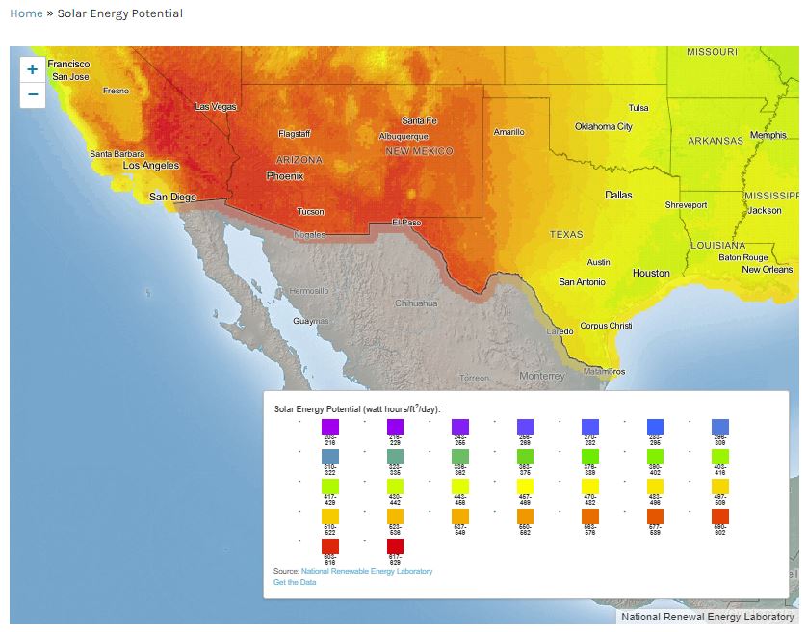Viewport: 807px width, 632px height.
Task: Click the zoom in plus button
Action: click(33, 69)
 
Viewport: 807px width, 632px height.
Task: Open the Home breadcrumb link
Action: click(26, 13)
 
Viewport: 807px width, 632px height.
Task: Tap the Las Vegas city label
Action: click(215, 107)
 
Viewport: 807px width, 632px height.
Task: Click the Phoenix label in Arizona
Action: click(285, 176)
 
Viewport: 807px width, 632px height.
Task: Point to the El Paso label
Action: click(406, 223)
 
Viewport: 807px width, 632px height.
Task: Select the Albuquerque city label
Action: click(403, 137)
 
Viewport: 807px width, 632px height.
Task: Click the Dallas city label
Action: click(618, 195)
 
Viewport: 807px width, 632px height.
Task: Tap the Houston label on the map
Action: click(651, 274)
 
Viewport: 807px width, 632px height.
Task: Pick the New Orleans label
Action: click(767, 270)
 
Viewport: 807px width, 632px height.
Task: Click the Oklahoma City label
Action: click(604, 127)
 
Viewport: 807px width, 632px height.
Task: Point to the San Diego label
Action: click(172, 197)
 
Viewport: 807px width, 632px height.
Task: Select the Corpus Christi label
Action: click(606, 326)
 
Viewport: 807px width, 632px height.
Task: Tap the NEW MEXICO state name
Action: click(419, 151)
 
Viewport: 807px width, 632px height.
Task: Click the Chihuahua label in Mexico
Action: click(416, 303)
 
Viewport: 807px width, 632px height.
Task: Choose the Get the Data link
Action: click(295, 582)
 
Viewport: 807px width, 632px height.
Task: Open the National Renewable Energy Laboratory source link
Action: click(367, 571)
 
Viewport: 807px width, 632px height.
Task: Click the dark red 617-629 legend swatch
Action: click(395, 546)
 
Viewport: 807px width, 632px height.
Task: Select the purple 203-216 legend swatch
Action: click(330, 426)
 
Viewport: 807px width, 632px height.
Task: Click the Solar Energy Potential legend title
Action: click(357, 408)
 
